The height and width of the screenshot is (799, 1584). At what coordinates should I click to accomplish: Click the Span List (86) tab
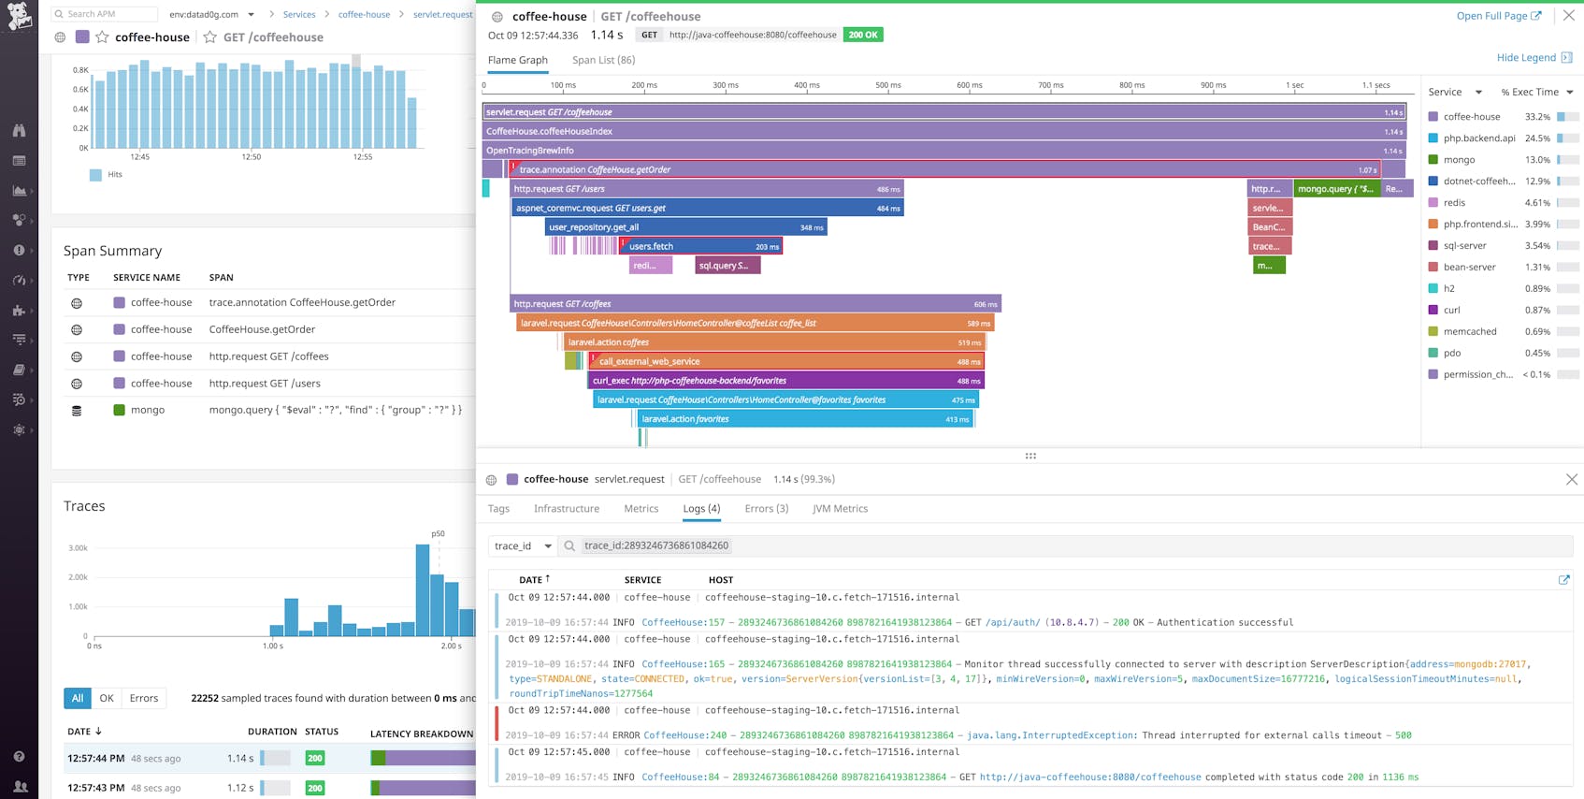click(x=603, y=60)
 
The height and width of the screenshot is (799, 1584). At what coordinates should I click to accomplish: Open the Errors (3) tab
click(x=766, y=509)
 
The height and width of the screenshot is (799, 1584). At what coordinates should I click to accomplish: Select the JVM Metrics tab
click(x=840, y=509)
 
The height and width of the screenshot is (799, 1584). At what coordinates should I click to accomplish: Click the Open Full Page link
click(x=1498, y=16)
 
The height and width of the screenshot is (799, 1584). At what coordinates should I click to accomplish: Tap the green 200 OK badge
click(x=862, y=35)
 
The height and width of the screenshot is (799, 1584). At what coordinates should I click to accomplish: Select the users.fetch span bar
click(x=701, y=246)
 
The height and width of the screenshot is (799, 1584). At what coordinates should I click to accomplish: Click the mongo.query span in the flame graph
click(x=1335, y=189)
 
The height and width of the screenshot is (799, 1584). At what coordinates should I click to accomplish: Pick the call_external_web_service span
click(x=785, y=361)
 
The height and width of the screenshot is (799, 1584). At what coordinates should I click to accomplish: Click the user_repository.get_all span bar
click(x=685, y=227)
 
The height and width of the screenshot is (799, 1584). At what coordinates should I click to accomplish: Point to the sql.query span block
click(x=727, y=266)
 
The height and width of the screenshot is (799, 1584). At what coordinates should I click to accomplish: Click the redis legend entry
click(x=1454, y=203)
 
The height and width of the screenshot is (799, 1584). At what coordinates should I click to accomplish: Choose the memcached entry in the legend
click(x=1469, y=332)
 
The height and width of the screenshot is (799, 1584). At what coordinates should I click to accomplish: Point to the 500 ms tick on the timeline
click(x=887, y=85)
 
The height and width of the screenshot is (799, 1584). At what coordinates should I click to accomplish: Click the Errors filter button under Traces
click(x=143, y=698)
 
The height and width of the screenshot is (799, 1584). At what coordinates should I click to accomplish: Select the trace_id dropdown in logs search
click(x=522, y=546)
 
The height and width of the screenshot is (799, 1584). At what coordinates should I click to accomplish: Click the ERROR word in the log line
click(x=626, y=735)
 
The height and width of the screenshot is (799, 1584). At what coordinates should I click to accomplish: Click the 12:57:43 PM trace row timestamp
click(x=95, y=788)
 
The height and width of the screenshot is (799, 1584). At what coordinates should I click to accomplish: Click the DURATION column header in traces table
click(x=271, y=732)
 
